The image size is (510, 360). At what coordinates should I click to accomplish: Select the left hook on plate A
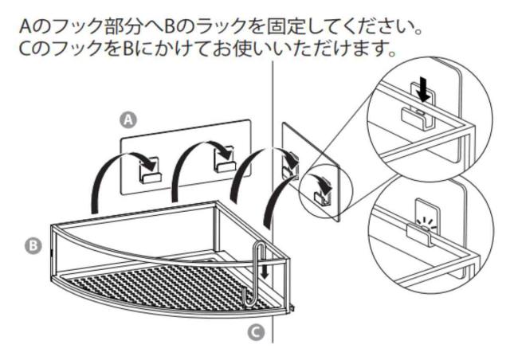click(x=149, y=169)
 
